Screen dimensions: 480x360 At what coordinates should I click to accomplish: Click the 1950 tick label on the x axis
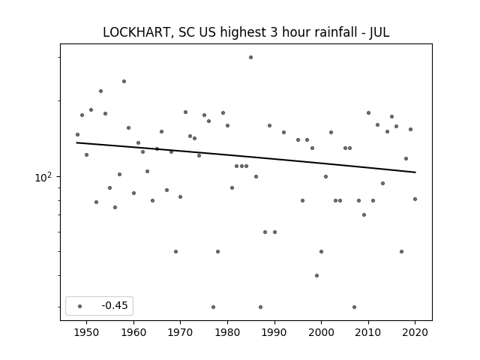pyautogui.click(x=87, y=332)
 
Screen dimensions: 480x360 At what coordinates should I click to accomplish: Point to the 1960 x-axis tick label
pyautogui.click(x=133, y=332)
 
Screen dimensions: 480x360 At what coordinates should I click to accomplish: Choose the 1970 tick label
pyautogui.click(x=181, y=332)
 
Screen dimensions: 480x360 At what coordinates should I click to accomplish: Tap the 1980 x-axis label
pyautogui.click(x=227, y=332)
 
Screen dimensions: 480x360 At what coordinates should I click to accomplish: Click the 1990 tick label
pyautogui.click(x=274, y=332)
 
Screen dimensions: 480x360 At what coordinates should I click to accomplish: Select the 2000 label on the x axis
pyautogui.click(x=322, y=332)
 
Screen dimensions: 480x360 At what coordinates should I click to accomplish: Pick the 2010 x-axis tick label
pyautogui.click(x=368, y=332)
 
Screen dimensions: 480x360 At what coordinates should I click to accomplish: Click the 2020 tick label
pyautogui.click(x=415, y=332)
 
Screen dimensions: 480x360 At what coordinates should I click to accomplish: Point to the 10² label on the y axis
pyautogui.click(x=43, y=177)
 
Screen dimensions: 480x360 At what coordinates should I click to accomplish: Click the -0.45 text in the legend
pyautogui.click(x=115, y=305)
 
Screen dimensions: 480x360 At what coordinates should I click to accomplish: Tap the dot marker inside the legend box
pyautogui.click(x=80, y=306)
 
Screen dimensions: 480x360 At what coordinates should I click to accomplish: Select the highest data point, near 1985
pyautogui.click(x=250, y=57)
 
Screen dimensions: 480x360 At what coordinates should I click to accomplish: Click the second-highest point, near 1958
pyautogui.click(x=124, y=81)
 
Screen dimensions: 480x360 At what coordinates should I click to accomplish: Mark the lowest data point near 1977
pyautogui.click(x=213, y=307)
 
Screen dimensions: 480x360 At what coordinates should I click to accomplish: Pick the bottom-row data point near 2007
pyautogui.click(x=354, y=307)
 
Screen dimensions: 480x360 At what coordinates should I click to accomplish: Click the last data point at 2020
pyautogui.click(x=415, y=199)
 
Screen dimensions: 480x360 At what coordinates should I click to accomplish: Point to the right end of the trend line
pyautogui.click(x=415, y=172)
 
